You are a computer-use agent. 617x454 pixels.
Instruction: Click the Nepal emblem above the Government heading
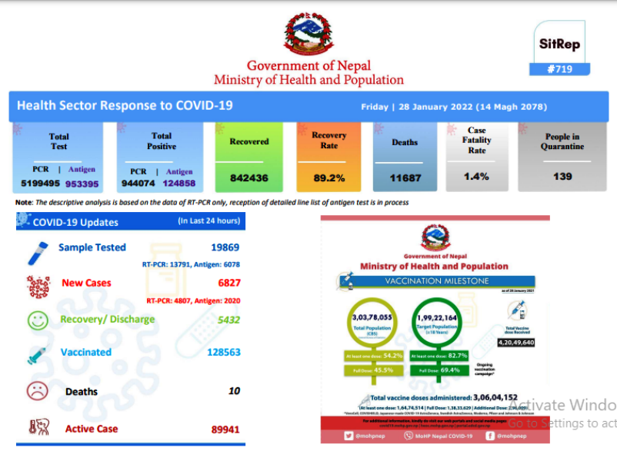(x=308, y=36)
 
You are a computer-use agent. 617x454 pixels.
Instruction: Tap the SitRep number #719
(x=560, y=69)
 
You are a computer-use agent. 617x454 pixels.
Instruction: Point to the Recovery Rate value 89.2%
(x=329, y=177)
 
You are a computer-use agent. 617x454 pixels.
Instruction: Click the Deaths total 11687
(x=405, y=177)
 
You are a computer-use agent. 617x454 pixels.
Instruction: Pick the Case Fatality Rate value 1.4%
(x=477, y=177)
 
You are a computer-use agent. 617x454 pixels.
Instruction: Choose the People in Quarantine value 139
(x=562, y=177)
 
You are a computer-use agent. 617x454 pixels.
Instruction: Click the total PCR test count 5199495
(x=35, y=184)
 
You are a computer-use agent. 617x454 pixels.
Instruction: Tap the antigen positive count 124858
(x=179, y=184)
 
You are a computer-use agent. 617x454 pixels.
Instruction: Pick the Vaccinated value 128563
(x=224, y=352)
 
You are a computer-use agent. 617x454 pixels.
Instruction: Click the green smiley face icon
(x=38, y=320)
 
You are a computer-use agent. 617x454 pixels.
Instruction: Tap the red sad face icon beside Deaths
(x=38, y=391)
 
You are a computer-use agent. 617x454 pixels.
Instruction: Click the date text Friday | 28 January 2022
(x=414, y=107)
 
